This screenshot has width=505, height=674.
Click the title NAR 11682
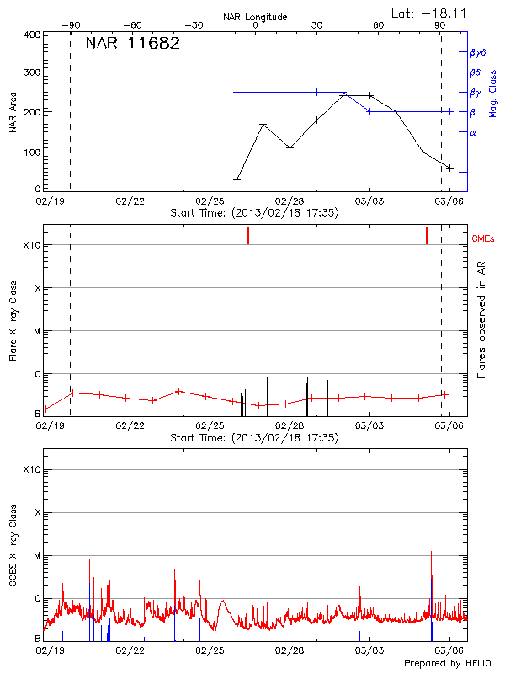point(133,45)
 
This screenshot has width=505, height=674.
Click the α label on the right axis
point(473,132)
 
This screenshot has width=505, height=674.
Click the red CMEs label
point(483,239)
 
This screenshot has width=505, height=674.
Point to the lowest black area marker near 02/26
point(237,179)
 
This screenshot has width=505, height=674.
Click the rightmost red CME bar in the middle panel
point(427,235)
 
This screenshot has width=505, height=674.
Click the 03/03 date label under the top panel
point(369,202)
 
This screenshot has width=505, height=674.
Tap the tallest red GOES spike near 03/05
point(431,552)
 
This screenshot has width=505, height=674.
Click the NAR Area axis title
point(13,112)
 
